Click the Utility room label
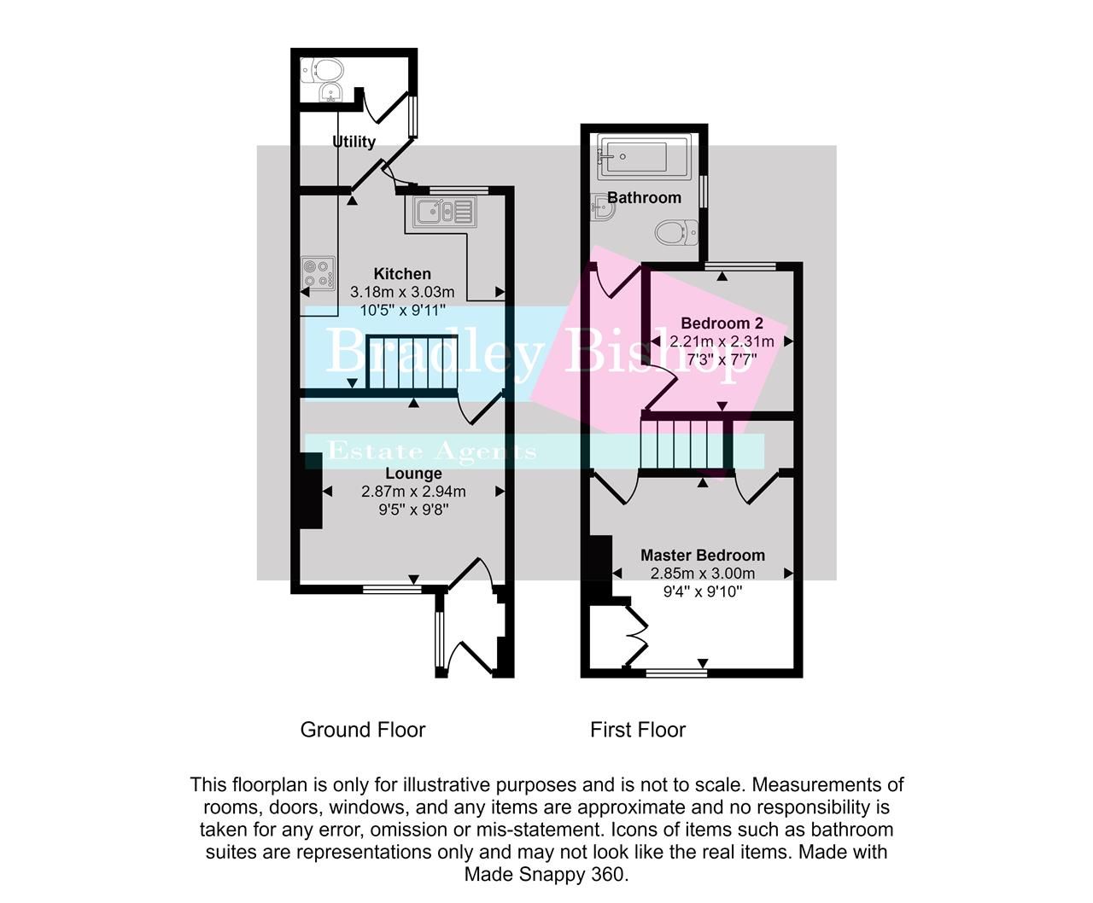coord(354,142)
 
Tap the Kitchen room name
coord(402,274)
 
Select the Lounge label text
coord(413,474)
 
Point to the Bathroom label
coord(644,198)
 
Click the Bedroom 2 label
coord(722,323)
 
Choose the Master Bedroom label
coord(703,556)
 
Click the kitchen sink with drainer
coord(443,212)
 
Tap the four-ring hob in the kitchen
coord(315,273)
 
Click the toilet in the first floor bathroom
coord(678,230)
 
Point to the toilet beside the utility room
coord(326,68)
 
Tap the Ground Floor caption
coord(363,730)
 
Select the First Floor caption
coord(638,730)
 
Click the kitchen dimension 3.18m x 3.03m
coord(402,293)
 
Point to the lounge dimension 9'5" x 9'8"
coord(413,510)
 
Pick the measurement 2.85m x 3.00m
coord(703,574)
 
